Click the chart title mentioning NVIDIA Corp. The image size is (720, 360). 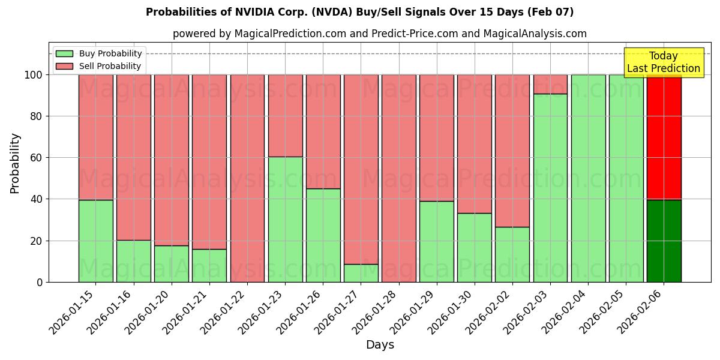(x=359, y=12)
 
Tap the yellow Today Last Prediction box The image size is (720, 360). (x=663, y=62)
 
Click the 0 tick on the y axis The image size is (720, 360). (x=39, y=282)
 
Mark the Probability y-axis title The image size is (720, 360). (x=15, y=163)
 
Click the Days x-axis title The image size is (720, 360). (x=380, y=345)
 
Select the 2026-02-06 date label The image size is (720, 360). (x=641, y=312)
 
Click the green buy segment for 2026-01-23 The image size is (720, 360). (x=285, y=219)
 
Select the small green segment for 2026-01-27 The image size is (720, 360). (x=361, y=273)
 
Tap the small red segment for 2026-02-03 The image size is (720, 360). (x=550, y=84)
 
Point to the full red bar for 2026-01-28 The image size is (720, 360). (x=398, y=178)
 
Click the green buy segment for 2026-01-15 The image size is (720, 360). (x=95, y=241)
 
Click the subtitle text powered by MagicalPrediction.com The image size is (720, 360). (x=379, y=34)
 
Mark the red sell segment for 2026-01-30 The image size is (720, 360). (x=474, y=144)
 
